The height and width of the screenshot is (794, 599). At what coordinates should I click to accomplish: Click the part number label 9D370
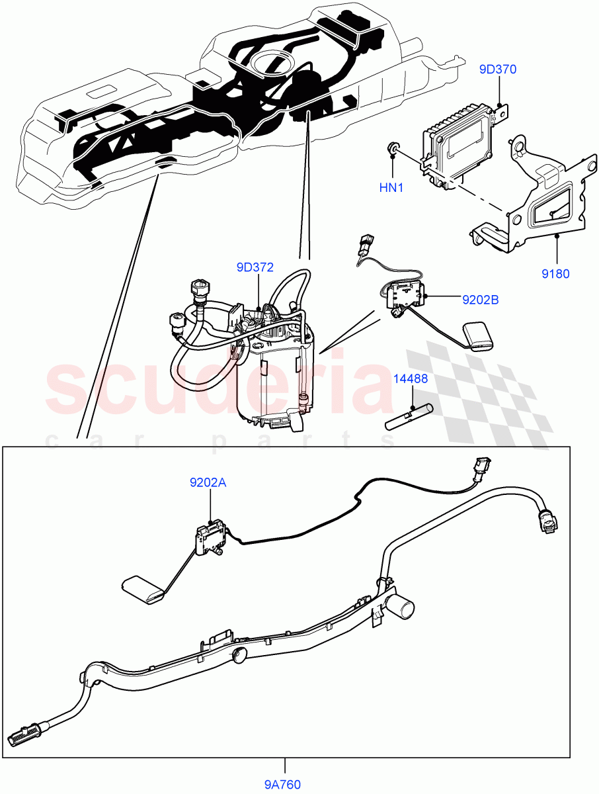pyautogui.click(x=498, y=69)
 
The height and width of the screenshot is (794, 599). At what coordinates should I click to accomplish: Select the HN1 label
pyautogui.click(x=391, y=188)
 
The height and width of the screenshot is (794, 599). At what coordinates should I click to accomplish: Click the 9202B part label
pyautogui.click(x=481, y=300)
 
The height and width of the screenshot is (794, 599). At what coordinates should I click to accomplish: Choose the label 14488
pyautogui.click(x=411, y=379)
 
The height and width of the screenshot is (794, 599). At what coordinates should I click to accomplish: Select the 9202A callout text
pyautogui.click(x=208, y=483)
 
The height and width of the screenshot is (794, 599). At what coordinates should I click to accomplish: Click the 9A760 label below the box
pyautogui.click(x=284, y=785)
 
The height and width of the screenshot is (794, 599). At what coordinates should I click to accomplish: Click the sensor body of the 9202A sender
pyautogui.click(x=211, y=535)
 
